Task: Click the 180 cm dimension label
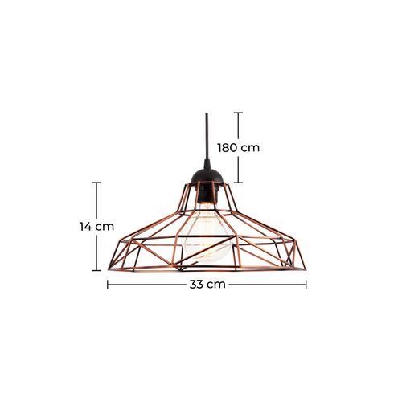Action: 238,148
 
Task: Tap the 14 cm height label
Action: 97,227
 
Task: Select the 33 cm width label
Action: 207,284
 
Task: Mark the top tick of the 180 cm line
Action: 238,113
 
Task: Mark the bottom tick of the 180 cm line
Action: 238,183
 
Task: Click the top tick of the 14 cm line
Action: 97,183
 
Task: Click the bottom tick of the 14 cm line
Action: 97,271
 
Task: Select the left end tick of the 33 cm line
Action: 108,284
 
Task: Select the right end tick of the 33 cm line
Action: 306,284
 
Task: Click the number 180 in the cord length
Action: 230,148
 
